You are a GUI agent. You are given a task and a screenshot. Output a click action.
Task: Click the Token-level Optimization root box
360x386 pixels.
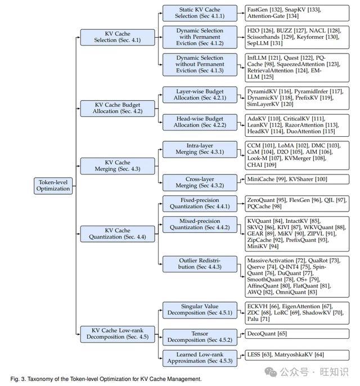53,186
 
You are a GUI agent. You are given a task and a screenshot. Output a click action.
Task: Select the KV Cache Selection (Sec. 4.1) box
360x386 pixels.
118,37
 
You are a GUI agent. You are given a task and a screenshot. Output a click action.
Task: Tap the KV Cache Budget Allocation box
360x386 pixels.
118,108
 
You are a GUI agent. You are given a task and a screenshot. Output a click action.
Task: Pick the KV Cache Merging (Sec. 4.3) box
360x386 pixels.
118,166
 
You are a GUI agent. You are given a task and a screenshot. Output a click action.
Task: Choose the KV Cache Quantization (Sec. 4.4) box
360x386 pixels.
118,234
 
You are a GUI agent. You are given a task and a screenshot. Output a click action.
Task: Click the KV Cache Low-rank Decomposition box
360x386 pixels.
118,334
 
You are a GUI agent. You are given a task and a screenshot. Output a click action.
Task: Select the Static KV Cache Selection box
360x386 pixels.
200,13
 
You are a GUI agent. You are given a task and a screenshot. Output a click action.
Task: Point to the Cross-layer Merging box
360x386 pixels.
200,183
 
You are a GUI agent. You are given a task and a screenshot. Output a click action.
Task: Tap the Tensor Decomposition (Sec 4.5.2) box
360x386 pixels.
200,337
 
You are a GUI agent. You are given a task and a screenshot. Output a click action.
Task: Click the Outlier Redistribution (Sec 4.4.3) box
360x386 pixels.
200,264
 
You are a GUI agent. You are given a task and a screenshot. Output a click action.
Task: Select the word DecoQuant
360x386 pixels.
262,334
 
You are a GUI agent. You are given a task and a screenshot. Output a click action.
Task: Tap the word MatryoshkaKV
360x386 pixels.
293,354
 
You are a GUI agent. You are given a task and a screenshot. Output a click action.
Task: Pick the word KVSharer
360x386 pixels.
301,179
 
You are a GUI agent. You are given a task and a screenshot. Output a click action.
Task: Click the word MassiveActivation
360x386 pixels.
271,261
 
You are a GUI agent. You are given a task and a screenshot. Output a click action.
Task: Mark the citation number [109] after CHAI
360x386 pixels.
270,165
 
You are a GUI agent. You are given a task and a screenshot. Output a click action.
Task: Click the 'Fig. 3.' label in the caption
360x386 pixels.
18,379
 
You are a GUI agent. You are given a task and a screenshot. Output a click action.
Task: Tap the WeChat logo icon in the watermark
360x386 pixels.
271,372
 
